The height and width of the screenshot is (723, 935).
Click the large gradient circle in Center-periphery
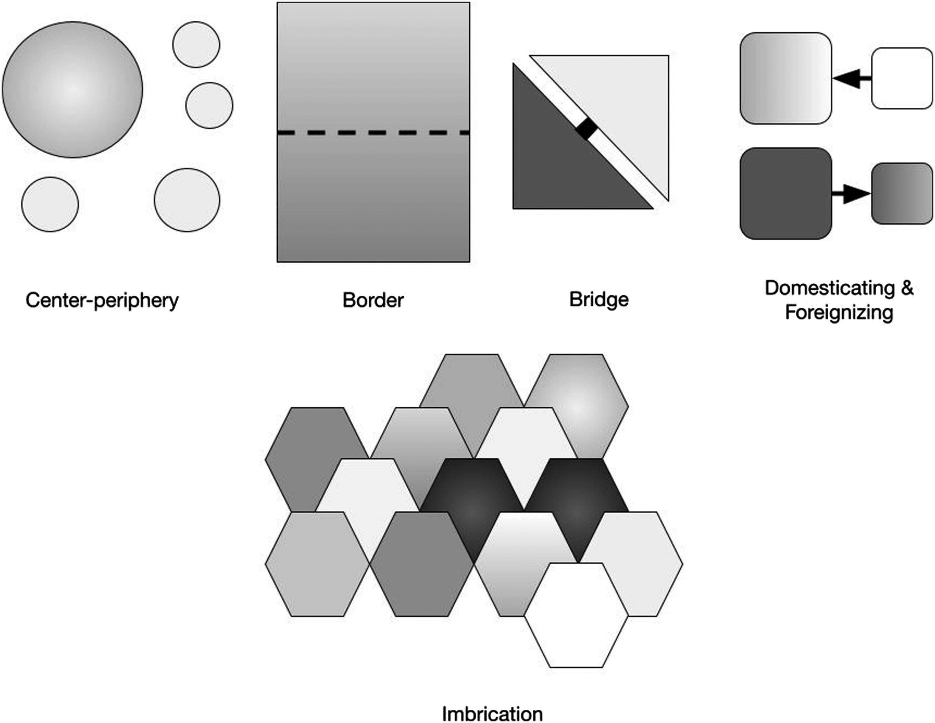tap(72, 89)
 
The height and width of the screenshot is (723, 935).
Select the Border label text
tap(373, 300)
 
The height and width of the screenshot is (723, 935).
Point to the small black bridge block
tap(586, 128)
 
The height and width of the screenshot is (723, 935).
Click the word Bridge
tap(599, 299)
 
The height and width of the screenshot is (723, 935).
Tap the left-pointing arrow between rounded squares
tap(852, 78)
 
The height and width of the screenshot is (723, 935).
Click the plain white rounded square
tap(902, 78)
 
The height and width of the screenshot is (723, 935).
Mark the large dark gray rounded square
tap(786, 194)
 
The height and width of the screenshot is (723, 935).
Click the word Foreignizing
tap(839, 312)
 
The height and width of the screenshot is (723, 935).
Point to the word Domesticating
tap(830, 288)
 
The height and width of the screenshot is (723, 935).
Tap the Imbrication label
tap(492, 714)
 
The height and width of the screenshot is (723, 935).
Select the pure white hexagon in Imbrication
tap(576, 615)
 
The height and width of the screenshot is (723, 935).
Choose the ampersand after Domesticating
tap(907, 288)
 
